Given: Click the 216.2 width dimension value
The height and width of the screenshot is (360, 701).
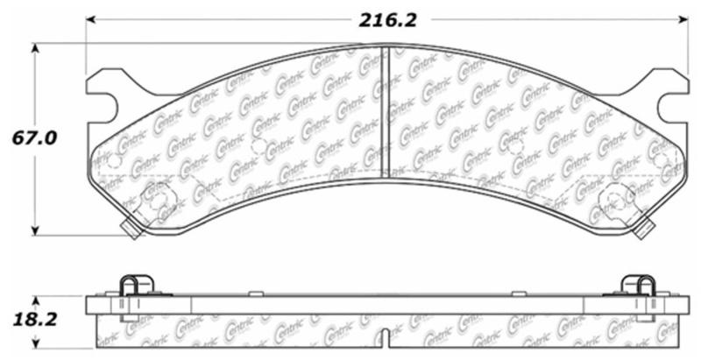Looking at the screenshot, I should (x=386, y=20).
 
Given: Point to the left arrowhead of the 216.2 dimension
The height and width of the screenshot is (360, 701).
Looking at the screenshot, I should (x=91, y=20).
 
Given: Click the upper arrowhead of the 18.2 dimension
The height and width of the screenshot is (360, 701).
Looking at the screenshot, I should (x=35, y=299).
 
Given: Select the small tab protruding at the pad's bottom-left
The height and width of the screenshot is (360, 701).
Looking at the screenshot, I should (x=131, y=230).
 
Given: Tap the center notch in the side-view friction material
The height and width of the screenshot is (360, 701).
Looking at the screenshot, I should (x=386, y=338).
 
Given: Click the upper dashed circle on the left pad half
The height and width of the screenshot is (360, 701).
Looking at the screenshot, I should (x=258, y=148).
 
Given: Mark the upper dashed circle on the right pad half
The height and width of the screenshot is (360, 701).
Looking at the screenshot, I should (x=517, y=148).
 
